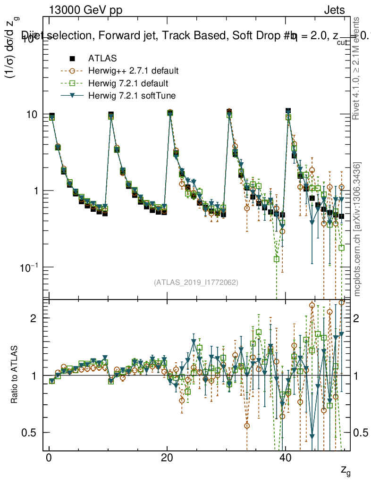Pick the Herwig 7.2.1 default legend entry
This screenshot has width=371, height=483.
pyautogui.click(x=128, y=83)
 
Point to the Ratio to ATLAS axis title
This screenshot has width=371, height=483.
pyautogui.click(x=15, y=375)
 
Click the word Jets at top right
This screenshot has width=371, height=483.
pyautogui.click(x=334, y=11)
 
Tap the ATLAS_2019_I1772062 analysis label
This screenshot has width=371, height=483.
pyautogui.click(x=196, y=283)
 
